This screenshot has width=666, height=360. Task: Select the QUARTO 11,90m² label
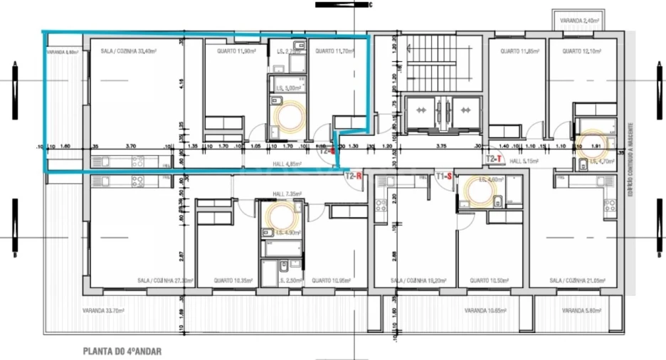236,51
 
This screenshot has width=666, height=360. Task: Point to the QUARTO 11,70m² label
334,51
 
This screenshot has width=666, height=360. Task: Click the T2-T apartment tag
494,159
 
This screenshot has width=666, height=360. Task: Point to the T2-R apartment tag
354,174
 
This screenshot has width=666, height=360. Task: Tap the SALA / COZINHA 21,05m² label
576,281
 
